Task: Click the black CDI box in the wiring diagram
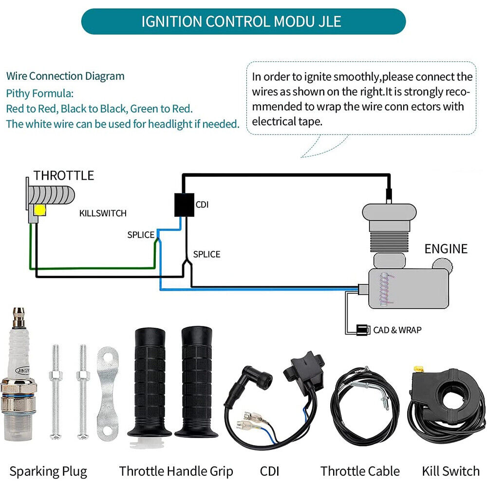(184, 205)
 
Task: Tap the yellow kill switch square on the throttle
(39, 210)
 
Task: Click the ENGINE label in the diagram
(446, 249)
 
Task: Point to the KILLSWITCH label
(103, 213)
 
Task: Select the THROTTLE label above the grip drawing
(63, 175)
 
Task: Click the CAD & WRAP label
(397, 330)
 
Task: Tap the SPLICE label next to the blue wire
(141, 235)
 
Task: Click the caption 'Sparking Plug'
(48, 471)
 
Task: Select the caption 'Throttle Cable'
(360, 471)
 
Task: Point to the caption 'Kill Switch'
(450, 471)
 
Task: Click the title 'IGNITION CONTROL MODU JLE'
(242, 22)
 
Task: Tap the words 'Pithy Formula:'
(40, 93)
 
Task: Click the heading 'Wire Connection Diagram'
(65, 76)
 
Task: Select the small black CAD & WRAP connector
(363, 330)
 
